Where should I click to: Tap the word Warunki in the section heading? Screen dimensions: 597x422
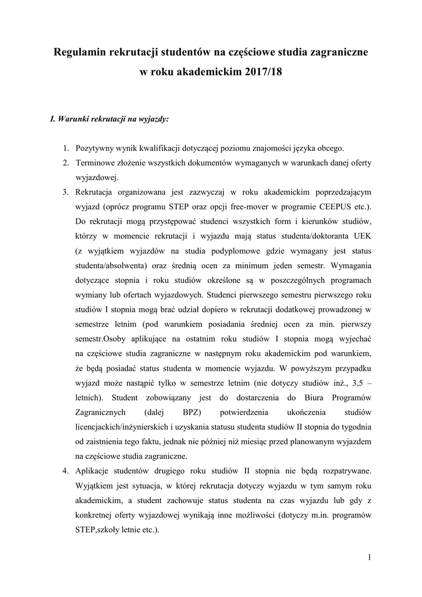coord(77,119)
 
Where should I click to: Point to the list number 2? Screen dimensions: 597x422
coord(66,161)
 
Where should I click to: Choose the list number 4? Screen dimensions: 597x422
coord(66,470)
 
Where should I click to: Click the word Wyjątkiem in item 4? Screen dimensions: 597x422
coord(97,485)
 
